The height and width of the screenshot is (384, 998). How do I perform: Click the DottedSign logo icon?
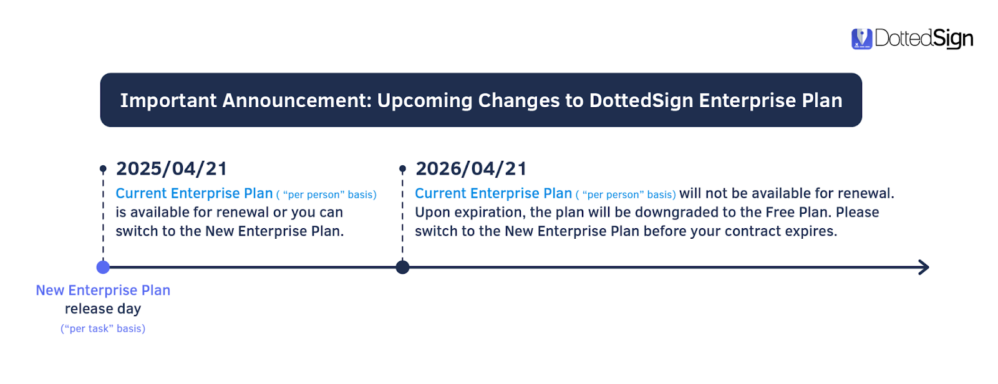861,39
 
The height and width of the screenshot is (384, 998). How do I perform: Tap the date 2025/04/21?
172,169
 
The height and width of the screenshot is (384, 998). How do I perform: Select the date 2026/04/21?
471,169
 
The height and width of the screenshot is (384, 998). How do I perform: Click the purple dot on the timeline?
103,267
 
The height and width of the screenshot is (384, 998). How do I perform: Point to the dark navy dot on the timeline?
402,267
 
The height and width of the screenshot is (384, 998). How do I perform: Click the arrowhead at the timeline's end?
925,267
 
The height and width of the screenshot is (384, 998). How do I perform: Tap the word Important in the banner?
168,101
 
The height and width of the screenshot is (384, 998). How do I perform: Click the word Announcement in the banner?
297,101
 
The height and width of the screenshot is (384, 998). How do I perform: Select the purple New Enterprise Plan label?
103,290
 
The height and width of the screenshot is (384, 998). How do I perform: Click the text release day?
103,309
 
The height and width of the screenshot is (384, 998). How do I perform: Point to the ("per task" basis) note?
103,329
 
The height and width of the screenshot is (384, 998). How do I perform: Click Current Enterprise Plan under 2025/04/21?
194,193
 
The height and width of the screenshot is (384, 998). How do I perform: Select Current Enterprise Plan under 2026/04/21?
493,193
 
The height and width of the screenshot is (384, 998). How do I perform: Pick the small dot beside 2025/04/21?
103,169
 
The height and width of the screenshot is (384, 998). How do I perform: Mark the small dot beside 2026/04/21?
402,169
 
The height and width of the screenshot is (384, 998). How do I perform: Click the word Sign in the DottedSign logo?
953,39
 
